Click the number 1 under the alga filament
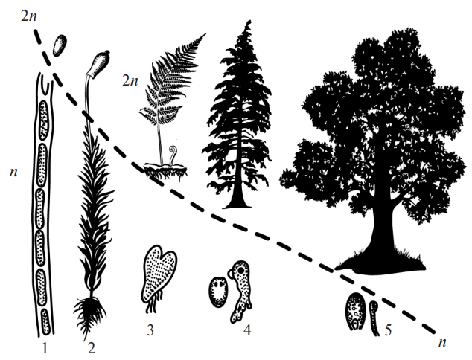click(45, 349)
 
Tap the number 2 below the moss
click(91, 349)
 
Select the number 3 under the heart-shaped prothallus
click(150, 330)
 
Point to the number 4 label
click(247, 330)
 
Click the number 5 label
click(389, 330)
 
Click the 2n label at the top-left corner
click(29, 16)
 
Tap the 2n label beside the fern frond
click(130, 80)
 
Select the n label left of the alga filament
click(13, 173)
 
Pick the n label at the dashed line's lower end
click(442, 343)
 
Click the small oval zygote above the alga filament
click(60, 45)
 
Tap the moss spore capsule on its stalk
click(98, 62)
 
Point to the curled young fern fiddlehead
click(173, 154)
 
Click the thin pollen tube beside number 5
click(374, 318)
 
